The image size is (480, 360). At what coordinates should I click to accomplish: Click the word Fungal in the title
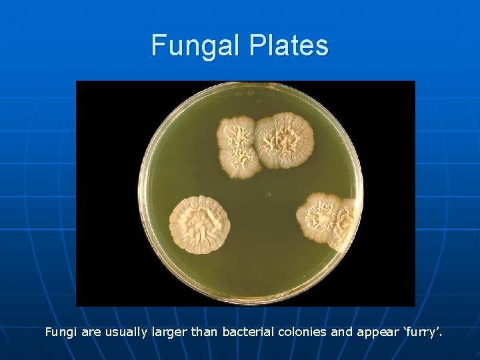pos(196,46)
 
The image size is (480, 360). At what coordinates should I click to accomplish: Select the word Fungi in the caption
pos(61,331)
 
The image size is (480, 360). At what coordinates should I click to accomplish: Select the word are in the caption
pos(92,331)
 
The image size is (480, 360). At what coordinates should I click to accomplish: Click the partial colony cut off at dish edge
pos(347,224)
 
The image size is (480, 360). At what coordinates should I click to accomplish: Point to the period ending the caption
pos(440,335)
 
